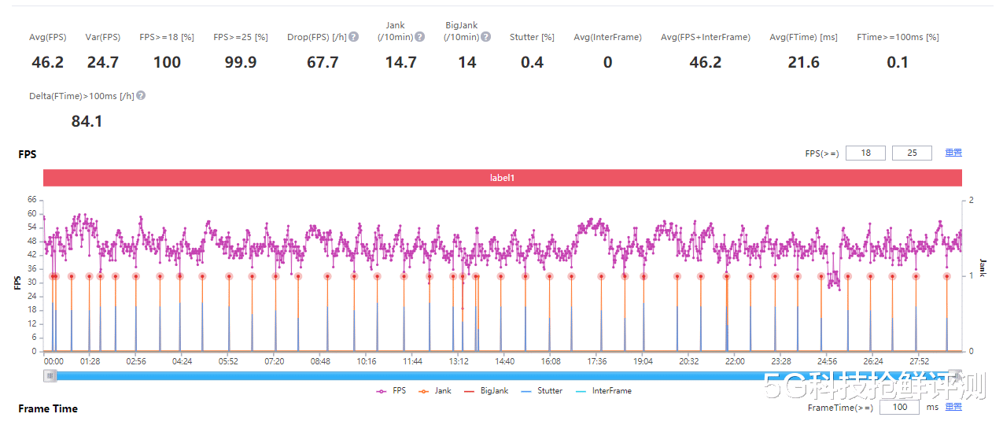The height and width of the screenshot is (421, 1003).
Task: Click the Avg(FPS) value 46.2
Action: pyautogui.click(x=47, y=62)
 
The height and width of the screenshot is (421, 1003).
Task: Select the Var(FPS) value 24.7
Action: pyautogui.click(x=102, y=62)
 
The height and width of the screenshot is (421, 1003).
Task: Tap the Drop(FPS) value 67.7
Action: pyautogui.click(x=323, y=62)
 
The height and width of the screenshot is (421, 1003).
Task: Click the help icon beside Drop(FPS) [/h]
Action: pyautogui.click(x=354, y=37)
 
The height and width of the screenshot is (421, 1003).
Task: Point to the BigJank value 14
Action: pyautogui.click(x=467, y=62)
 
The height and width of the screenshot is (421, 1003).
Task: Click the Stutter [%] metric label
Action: pyautogui.click(x=532, y=37)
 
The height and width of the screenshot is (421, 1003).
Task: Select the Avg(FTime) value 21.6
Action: pyautogui.click(x=803, y=62)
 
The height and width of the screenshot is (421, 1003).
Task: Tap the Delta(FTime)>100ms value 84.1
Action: pyautogui.click(x=87, y=121)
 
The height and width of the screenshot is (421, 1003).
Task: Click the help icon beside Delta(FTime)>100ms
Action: pyautogui.click(x=141, y=96)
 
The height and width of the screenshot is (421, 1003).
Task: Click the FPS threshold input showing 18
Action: pyautogui.click(x=865, y=153)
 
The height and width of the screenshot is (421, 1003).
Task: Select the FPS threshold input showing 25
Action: pyautogui.click(x=912, y=153)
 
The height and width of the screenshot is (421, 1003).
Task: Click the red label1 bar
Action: pyautogui.click(x=502, y=178)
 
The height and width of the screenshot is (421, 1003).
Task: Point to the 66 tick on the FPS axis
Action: pyautogui.click(x=31, y=200)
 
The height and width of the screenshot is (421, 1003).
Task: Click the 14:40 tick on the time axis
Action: pyautogui.click(x=505, y=361)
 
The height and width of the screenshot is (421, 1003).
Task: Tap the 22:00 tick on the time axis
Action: pyautogui.click(x=735, y=361)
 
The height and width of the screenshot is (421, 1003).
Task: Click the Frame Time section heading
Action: pyautogui.click(x=48, y=408)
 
